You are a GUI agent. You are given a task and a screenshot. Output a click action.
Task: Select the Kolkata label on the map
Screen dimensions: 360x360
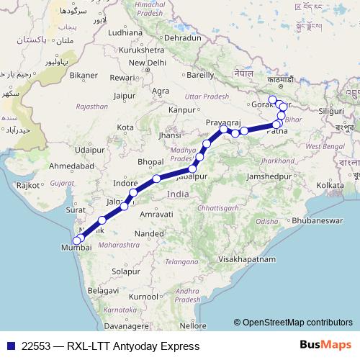[330, 185]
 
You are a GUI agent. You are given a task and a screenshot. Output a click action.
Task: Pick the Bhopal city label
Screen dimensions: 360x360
[151, 161]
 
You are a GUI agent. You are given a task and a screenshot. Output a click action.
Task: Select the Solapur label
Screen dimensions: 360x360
[126, 272]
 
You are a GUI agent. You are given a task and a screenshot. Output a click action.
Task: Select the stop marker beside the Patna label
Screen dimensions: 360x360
[276, 125]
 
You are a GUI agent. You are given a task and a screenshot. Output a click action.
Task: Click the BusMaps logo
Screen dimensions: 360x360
[326, 346]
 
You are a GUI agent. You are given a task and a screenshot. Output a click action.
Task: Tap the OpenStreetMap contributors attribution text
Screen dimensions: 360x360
[297, 323]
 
